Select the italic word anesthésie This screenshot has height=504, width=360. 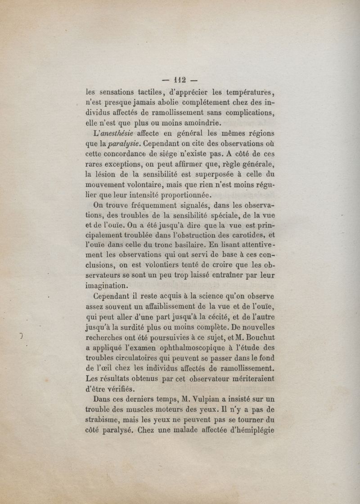(117, 134)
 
